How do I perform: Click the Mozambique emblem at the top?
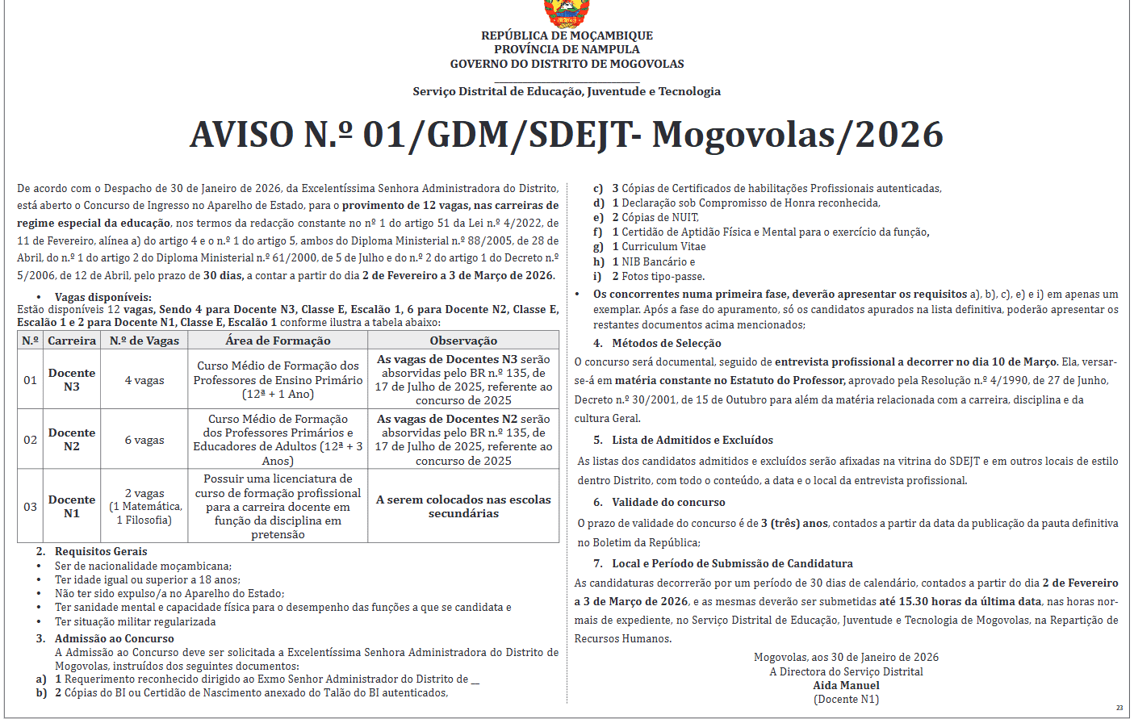point(566,14)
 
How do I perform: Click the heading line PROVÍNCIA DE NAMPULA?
point(567,49)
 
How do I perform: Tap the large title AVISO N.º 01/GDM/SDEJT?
point(566,135)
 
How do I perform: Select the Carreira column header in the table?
point(72,341)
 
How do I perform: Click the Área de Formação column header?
point(278,341)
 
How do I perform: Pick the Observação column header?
point(463,341)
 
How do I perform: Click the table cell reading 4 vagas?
point(144,380)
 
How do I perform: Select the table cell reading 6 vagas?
point(144,440)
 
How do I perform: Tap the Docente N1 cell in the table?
point(72,506)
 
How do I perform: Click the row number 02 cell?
point(30,440)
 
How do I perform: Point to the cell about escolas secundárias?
point(463,506)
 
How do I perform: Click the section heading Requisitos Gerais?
point(101,551)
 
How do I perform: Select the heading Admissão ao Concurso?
point(114,638)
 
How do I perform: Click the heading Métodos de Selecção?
point(666,343)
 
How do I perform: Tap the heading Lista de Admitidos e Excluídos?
point(692,440)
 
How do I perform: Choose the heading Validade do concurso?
point(668,502)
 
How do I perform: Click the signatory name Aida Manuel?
point(846,685)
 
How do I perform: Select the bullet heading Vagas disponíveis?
point(103,297)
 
